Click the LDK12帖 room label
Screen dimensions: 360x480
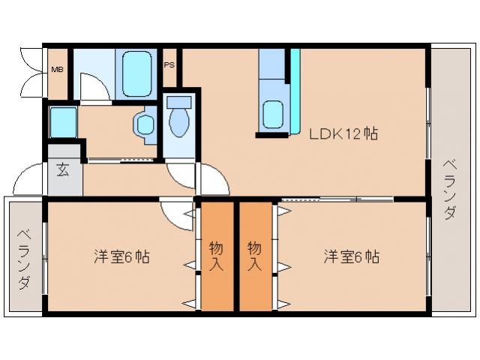coord(343,134)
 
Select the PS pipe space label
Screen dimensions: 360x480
coord(169,64)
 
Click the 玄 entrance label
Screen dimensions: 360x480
coord(63,169)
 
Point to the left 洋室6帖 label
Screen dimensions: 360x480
coord(121,256)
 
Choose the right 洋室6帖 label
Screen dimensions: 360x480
coord(351,256)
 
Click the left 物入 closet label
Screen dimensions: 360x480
coord(216,256)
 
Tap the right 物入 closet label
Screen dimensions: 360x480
coord(255,256)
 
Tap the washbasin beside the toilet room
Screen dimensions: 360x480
coord(144,124)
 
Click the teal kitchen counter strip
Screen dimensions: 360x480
coord(295,75)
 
